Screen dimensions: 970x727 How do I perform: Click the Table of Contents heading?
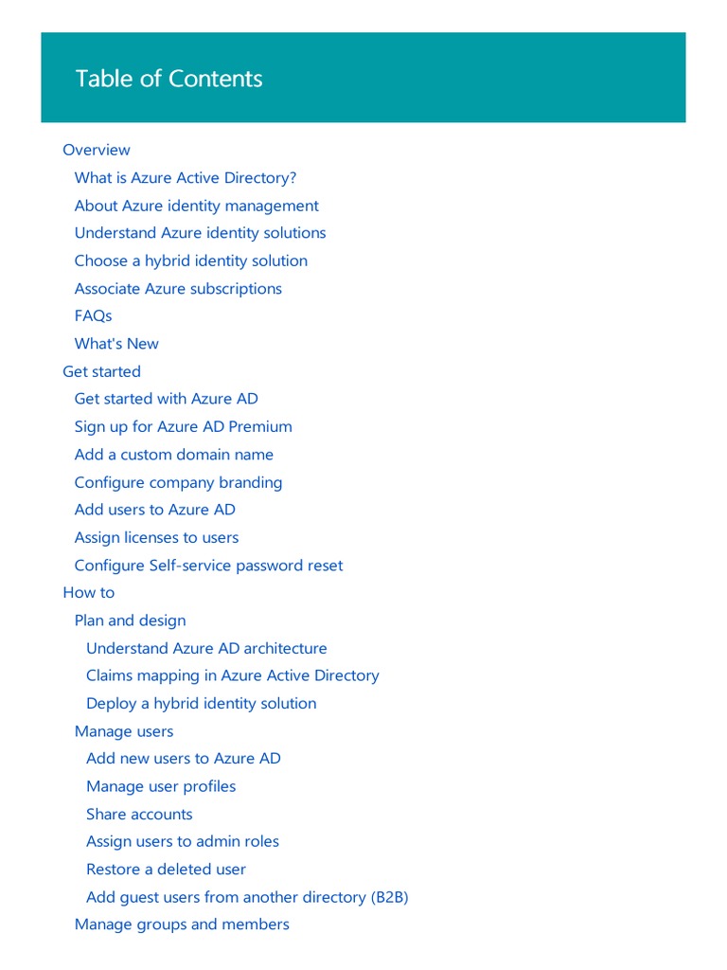coord(168,79)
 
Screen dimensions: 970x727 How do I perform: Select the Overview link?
coord(97,150)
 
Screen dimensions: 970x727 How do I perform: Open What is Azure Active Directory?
coord(186,178)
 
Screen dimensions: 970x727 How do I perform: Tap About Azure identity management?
coord(196,206)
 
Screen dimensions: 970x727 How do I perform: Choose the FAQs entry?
coord(93,315)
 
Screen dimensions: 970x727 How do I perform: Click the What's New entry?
coord(116,344)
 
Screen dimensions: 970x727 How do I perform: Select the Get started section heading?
coord(101,371)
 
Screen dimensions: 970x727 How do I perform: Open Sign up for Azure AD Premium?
coord(183,426)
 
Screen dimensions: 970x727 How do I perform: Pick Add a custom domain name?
coord(173,455)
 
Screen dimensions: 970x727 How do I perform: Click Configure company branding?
coord(178,482)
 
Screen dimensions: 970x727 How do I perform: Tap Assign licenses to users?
coord(156,537)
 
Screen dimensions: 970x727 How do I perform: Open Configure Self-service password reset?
coord(208,566)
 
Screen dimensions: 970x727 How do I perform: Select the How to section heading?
coord(88,592)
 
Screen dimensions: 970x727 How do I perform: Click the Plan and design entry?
coord(130,620)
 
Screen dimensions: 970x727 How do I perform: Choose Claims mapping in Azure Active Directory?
coord(232,675)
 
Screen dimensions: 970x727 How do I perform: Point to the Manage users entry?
coord(124,731)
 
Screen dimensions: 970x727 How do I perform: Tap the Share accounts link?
coord(139,814)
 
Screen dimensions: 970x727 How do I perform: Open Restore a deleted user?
coord(166,869)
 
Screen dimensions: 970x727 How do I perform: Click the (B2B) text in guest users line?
coord(389,897)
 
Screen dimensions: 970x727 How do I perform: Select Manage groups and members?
coord(182,924)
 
